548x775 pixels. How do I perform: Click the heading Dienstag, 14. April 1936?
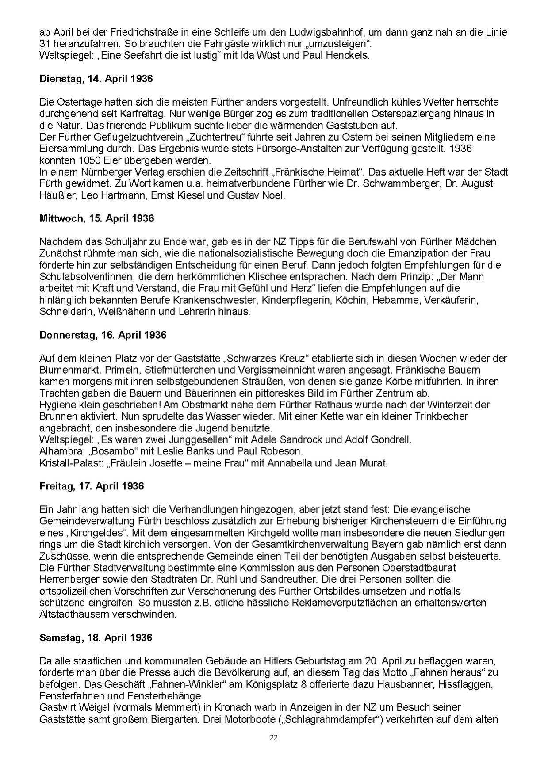(x=96, y=79)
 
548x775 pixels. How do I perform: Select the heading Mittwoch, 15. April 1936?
(x=96, y=219)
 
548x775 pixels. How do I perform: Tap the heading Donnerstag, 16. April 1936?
(x=103, y=335)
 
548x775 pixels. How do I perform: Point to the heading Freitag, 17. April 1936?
(x=92, y=486)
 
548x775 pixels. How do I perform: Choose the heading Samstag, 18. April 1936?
(x=96, y=638)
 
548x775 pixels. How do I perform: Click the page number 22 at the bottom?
(x=274, y=737)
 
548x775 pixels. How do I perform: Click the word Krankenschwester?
(x=218, y=300)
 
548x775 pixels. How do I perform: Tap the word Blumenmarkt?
(x=69, y=370)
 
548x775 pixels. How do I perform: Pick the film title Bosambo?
(x=109, y=451)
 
